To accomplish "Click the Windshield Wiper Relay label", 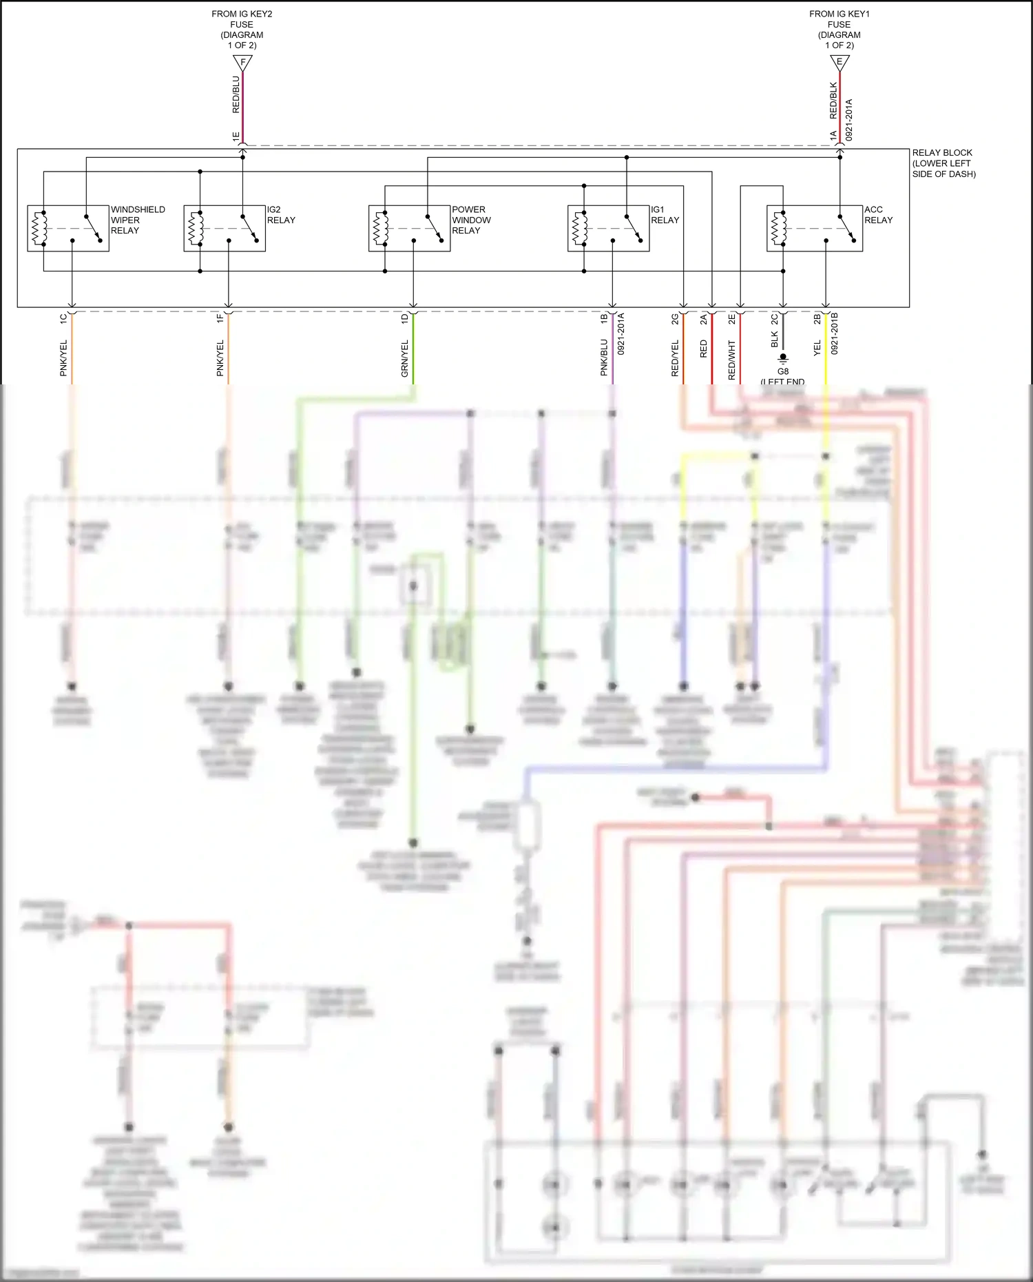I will pos(138,220).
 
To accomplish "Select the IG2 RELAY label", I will pos(281,215).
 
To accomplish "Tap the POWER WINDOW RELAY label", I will pos(471,220).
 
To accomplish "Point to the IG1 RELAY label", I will pos(665,215).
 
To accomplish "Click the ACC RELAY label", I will pos(878,215).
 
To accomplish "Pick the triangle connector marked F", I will pos(242,63).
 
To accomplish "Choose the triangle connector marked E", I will pos(839,63).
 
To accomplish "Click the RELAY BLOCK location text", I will pos(943,163).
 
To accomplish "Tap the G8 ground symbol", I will pos(783,359).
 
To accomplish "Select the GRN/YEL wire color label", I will pos(405,358).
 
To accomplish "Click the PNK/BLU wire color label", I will pos(604,357).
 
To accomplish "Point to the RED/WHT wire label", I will pos(732,360).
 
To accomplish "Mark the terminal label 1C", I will pos(63,319).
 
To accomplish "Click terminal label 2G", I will pos(675,319).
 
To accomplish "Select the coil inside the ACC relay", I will pos(779,228).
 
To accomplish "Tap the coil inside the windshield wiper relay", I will pos(39,228).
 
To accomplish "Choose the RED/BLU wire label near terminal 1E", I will pos(236,95).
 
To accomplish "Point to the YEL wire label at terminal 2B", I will pos(817,348).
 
